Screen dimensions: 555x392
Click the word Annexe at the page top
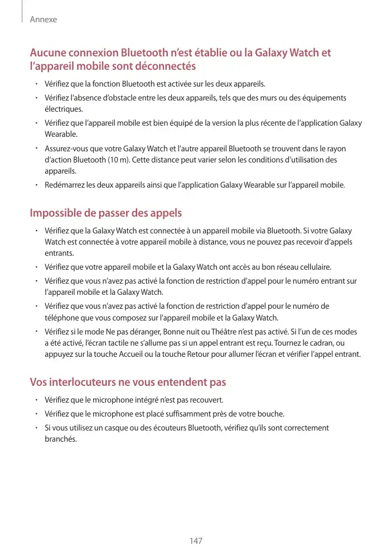43,20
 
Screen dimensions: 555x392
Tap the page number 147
196,541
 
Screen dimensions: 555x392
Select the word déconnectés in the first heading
166,66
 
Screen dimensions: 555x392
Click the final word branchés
61,439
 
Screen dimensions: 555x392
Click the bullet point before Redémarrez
35,185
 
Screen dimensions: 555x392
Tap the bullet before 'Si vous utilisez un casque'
35,428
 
